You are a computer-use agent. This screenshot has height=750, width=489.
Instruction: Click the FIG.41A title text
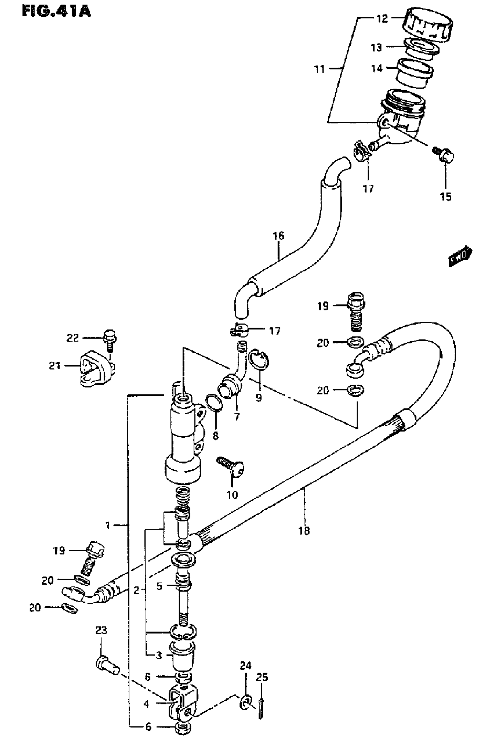pyautogui.click(x=56, y=12)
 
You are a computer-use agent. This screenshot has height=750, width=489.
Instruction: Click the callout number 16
pyautogui.click(x=278, y=236)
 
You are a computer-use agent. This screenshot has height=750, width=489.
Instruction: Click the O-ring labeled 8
pyautogui.click(x=214, y=403)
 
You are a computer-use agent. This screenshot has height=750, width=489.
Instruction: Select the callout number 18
pyautogui.click(x=304, y=531)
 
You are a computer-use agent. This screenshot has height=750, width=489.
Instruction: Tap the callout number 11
pyautogui.click(x=320, y=69)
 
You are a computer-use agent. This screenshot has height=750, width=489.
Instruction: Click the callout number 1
pyautogui.click(x=108, y=525)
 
